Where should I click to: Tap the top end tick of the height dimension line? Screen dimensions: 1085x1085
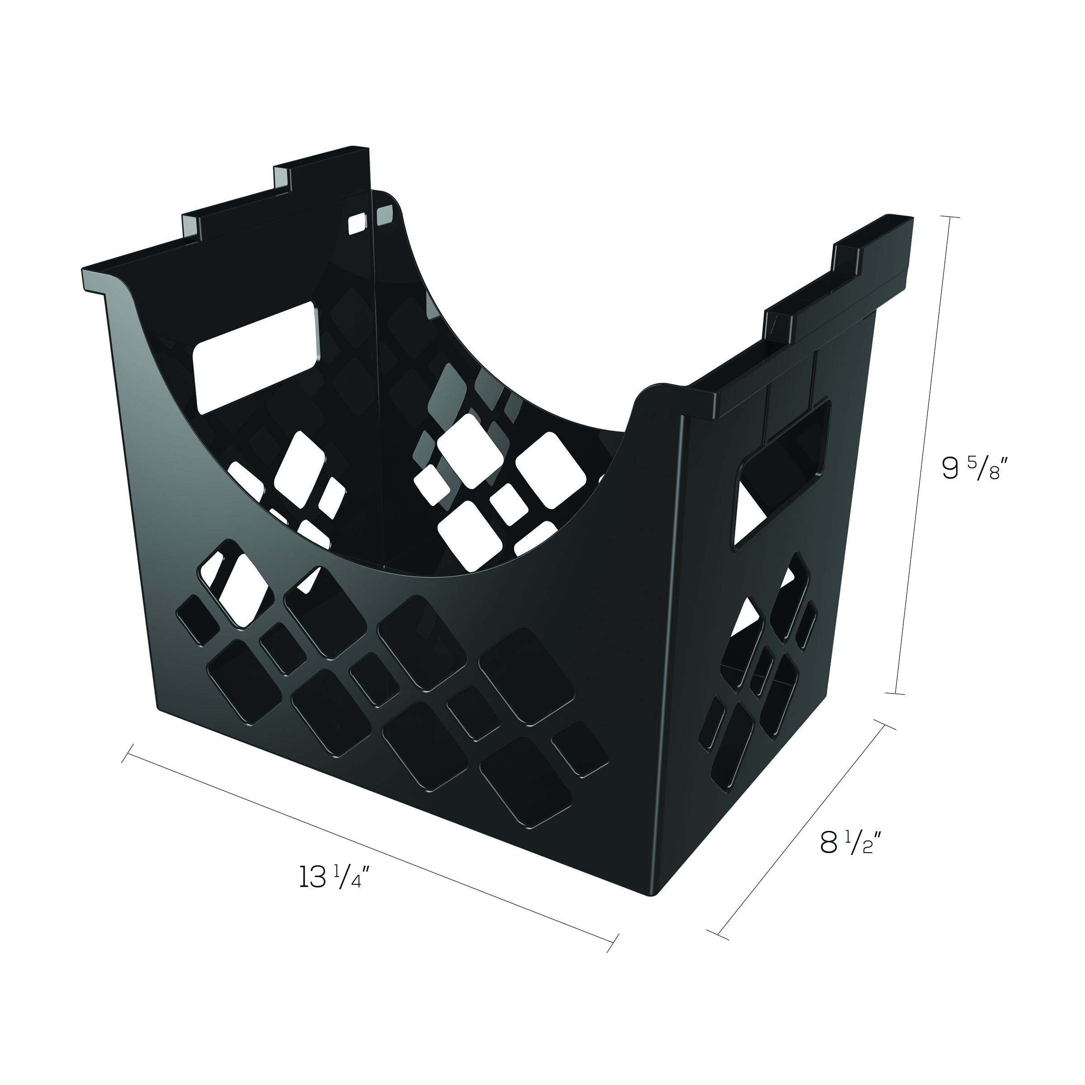point(948,217)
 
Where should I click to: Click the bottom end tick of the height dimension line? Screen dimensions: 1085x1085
point(895,694)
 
